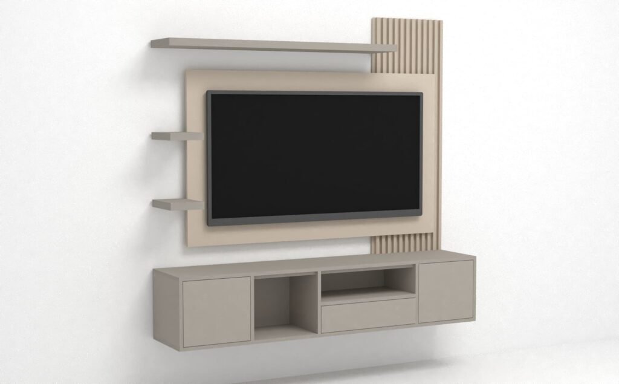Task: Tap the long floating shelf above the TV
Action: pos(272,45)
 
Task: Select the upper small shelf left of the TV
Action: pos(177,136)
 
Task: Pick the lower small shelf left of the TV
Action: pos(177,204)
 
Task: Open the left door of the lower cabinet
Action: pos(216,311)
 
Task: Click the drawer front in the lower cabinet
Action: pos(368,315)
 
